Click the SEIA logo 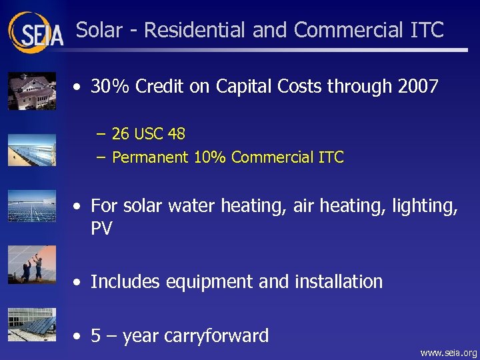pyautogui.click(x=36, y=31)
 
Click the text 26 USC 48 pyautogui.click(x=149, y=134)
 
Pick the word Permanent pyautogui.click(x=151, y=157)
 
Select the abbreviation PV pyautogui.click(x=101, y=229)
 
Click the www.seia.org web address pyautogui.click(x=449, y=353)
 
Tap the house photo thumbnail pyautogui.click(x=31, y=91)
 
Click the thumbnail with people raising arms pyautogui.click(x=31, y=265)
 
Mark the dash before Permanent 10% pyautogui.click(x=100, y=157)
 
